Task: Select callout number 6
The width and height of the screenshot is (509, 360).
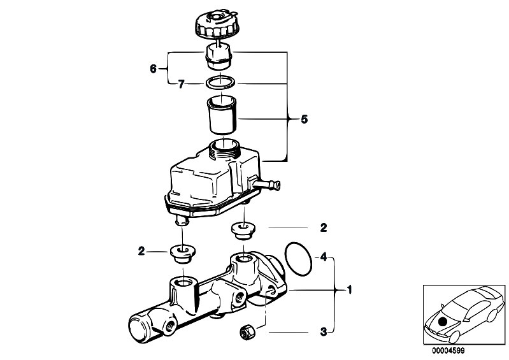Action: (154, 68)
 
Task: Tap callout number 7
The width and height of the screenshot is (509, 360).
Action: (182, 84)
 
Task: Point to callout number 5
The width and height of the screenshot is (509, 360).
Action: (304, 119)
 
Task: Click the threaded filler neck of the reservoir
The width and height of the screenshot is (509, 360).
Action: (225, 149)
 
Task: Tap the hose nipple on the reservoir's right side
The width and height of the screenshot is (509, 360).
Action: (266, 185)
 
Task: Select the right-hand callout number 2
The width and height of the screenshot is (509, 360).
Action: (324, 228)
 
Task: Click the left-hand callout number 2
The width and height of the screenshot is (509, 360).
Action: (141, 251)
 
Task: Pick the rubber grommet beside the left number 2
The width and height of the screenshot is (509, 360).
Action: (183, 254)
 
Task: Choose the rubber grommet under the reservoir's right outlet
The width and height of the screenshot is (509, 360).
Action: (243, 231)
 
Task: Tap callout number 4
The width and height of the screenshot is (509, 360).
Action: (324, 257)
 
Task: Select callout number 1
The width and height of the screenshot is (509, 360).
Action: (349, 289)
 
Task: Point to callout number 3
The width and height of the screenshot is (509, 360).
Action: (324, 332)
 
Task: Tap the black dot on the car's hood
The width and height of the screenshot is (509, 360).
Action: (442, 322)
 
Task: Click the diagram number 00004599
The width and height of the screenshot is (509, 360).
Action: (448, 351)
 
